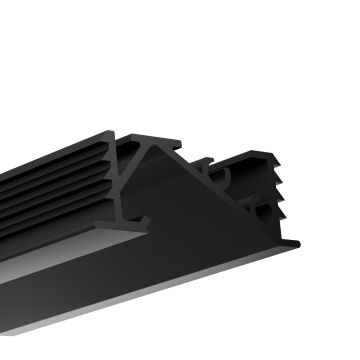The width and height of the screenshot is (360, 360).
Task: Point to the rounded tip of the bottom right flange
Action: coord(296,242)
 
